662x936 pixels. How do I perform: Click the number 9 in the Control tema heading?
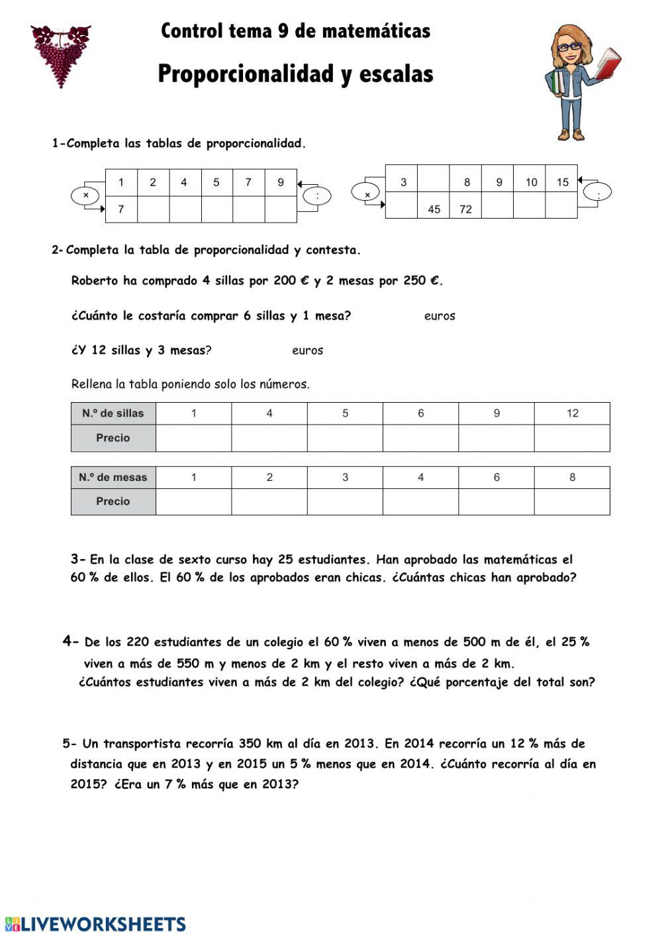point(283,31)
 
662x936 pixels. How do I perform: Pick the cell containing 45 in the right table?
point(434,209)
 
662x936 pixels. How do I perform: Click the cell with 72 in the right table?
point(465,209)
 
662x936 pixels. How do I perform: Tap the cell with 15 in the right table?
point(562,182)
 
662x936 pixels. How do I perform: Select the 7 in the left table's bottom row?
point(121,209)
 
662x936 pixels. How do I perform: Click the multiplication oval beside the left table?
point(86,195)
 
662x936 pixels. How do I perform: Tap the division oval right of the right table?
point(598,193)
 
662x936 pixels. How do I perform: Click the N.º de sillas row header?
point(113,413)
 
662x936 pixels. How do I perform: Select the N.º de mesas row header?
point(113,477)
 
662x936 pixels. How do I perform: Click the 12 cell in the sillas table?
point(572,413)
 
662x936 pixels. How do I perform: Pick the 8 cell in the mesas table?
point(572,477)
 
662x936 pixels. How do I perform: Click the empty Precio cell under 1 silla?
point(193,438)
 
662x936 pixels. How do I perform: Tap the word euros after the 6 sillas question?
point(440,316)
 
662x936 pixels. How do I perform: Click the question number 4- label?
point(71,641)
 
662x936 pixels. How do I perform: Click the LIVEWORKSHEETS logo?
point(96,923)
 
